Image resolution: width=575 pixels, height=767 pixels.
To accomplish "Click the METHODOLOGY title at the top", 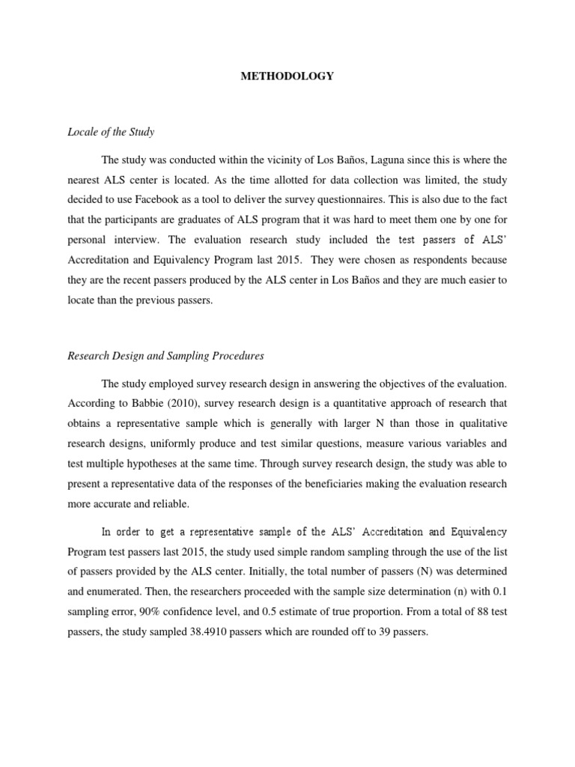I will pos(287,76).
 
